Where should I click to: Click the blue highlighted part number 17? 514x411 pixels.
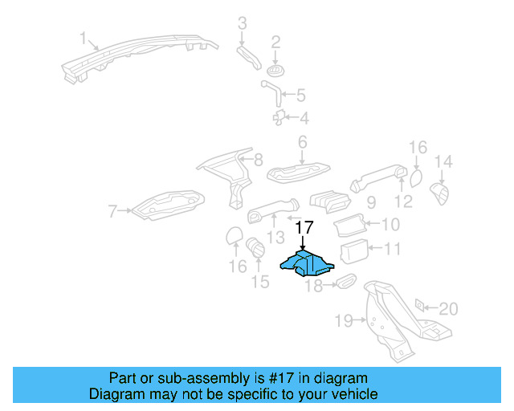coord(306,263)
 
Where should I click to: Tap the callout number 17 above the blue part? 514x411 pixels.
coord(302,229)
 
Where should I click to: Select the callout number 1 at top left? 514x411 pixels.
coord(83,37)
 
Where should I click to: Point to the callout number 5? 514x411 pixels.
coord(300,96)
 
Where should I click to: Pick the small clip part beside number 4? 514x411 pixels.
coord(279,118)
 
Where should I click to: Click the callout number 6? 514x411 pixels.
coord(302,143)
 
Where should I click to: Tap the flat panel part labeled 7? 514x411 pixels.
coord(169,202)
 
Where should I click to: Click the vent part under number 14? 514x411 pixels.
coord(440,193)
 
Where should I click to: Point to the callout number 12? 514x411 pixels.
coord(403,201)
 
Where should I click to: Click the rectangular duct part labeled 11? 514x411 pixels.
coord(353,252)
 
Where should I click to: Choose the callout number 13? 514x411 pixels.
coord(276,237)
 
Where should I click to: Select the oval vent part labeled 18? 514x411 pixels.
coord(345,282)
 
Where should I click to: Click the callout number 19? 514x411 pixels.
coord(343,321)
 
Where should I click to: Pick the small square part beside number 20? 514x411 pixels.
coord(419,305)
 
